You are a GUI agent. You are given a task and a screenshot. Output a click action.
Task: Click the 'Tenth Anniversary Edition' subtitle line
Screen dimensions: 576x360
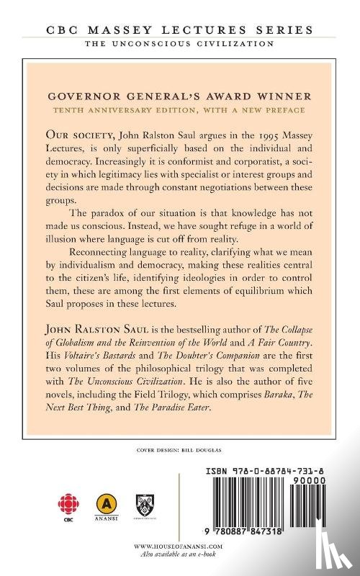pyautogui.click(x=180, y=110)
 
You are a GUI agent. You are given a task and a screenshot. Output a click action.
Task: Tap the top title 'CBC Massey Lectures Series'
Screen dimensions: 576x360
pyautogui.click(x=180, y=30)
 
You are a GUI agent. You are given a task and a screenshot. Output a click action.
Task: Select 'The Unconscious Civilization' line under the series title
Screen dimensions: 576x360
pyautogui.click(x=180, y=44)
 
